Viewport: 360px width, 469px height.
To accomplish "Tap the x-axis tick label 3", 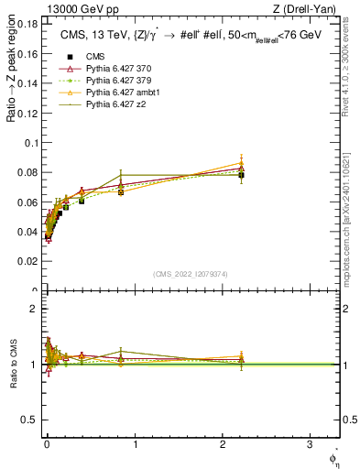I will pos(310,444).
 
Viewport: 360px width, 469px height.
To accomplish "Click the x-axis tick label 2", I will pos(223,444).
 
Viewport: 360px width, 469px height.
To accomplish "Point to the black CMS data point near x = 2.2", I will pos(241,175).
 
